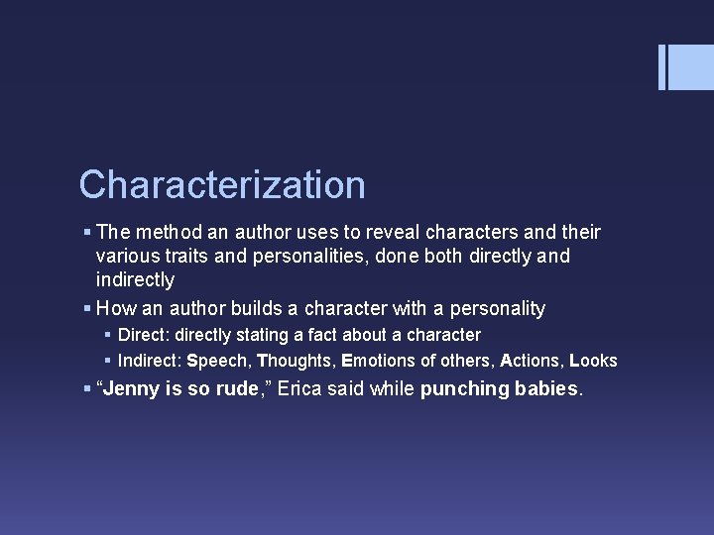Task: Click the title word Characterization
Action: pos(222,185)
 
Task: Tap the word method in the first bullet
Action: pos(167,233)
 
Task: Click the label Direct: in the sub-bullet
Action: pos(144,335)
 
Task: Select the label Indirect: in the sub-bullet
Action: pos(150,361)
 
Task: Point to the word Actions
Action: pos(531,361)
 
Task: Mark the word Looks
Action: pos(593,361)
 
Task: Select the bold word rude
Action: pos(236,388)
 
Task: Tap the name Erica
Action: pos(301,388)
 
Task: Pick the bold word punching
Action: pos(464,388)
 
